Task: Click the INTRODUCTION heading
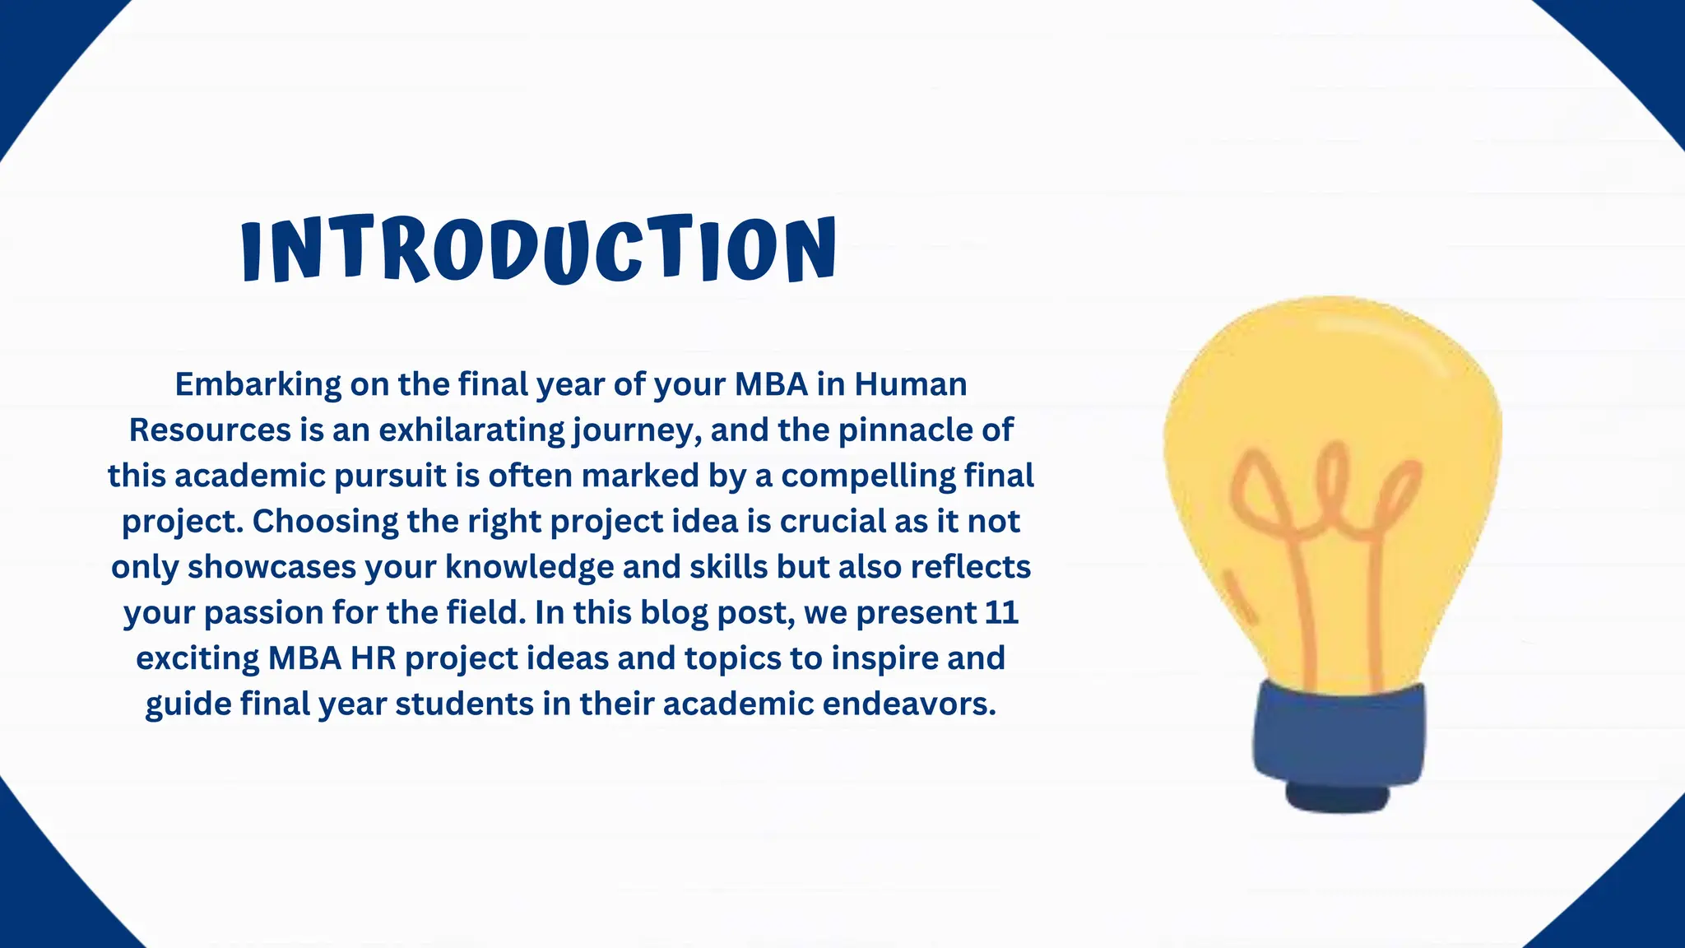coord(539,249)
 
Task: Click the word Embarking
coord(258,384)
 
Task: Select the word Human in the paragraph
coord(910,384)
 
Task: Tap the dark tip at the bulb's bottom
coord(1338,797)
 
